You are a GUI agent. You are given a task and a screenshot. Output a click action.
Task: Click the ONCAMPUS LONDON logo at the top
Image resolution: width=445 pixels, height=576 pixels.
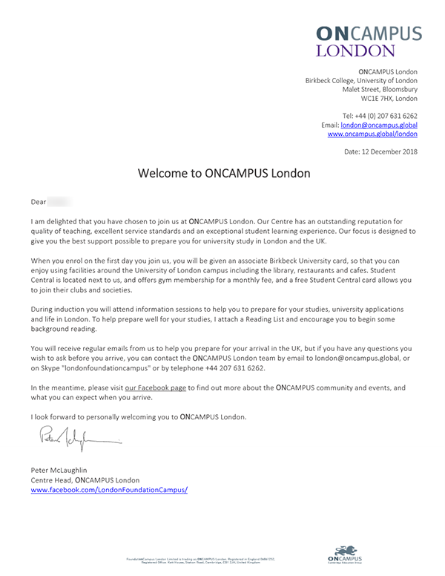369,41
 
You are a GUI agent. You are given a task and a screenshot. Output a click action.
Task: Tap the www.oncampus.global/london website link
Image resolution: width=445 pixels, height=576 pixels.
372,134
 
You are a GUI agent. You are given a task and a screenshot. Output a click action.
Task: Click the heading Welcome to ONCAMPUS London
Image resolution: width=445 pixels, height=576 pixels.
223,174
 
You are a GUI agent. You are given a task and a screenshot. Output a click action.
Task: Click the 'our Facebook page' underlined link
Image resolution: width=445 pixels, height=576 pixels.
156,387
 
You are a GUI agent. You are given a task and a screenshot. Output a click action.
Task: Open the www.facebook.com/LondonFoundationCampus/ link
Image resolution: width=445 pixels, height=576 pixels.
109,490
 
